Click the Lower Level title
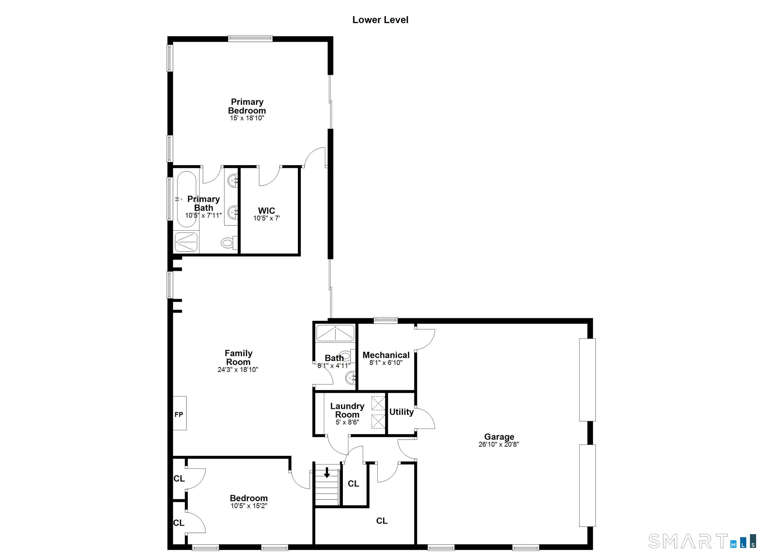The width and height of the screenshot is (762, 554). coord(380,20)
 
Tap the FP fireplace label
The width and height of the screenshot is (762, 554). coord(179,415)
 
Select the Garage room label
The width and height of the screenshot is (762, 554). coord(499,437)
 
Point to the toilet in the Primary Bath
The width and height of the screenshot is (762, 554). coord(228,242)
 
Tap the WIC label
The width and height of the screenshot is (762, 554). coord(266,211)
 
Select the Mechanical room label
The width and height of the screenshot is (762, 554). coord(386,355)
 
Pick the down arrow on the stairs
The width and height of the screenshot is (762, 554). coord(327,473)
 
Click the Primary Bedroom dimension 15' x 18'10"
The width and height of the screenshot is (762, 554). coord(247,118)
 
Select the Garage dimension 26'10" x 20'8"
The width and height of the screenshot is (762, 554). coord(499,444)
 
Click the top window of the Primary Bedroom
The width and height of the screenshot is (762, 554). coord(250,38)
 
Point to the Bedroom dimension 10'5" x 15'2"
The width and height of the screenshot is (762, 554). coord(249,506)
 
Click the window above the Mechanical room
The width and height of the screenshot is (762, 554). coord(386,320)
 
